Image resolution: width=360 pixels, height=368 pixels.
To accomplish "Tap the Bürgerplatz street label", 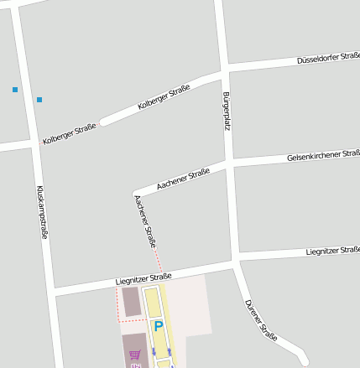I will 226,111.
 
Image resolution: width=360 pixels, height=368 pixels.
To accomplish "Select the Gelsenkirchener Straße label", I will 322,156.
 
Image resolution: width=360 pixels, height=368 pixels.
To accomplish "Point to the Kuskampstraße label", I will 41,212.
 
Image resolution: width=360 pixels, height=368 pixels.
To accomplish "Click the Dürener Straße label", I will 260,319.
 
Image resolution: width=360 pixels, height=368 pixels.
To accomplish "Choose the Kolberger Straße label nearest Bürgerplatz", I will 164,98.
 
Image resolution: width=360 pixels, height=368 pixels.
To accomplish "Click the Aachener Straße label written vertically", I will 144,221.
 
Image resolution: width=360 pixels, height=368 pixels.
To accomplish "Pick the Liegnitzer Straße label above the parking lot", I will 143,277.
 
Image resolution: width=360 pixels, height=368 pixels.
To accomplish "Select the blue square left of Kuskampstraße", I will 14,89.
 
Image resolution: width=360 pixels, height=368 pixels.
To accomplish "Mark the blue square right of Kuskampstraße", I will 39,100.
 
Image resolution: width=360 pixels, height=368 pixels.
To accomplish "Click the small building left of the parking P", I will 131,301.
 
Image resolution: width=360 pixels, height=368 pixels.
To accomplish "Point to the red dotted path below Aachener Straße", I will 158,259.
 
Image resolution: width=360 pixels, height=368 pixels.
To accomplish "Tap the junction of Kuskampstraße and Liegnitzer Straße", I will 53,290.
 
